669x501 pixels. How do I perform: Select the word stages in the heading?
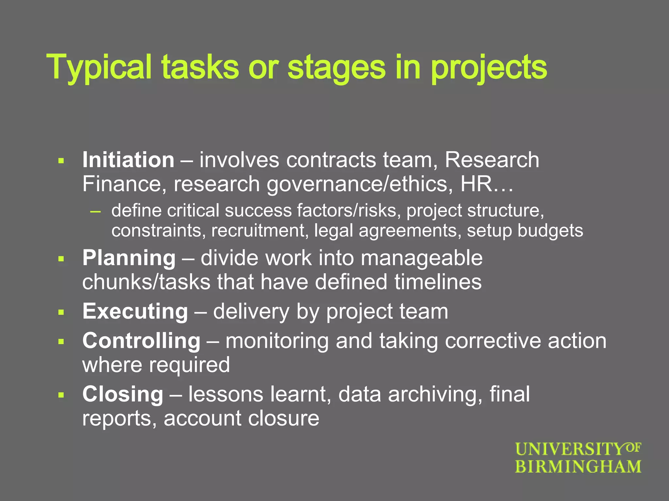click(x=336, y=68)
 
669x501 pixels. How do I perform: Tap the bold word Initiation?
click(x=128, y=160)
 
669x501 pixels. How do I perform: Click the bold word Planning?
click(x=129, y=258)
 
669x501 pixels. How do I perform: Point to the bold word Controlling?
click(x=141, y=341)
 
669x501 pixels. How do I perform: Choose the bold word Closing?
click(x=123, y=394)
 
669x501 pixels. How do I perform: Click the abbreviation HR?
click(x=476, y=184)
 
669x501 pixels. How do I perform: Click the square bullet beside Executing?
click(x=61, y=312)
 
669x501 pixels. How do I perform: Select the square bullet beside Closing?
click(x=61, y=395)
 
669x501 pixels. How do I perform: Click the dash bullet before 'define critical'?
click(x=95, y=211)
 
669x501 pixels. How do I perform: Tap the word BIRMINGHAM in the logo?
click(x=578, y=466)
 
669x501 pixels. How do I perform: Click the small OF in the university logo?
click(x=633, y=448)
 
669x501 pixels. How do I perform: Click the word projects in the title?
click(x=489, y=68)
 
